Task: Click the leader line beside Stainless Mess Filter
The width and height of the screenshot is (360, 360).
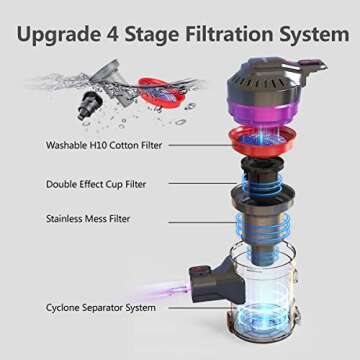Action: point(174,217)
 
